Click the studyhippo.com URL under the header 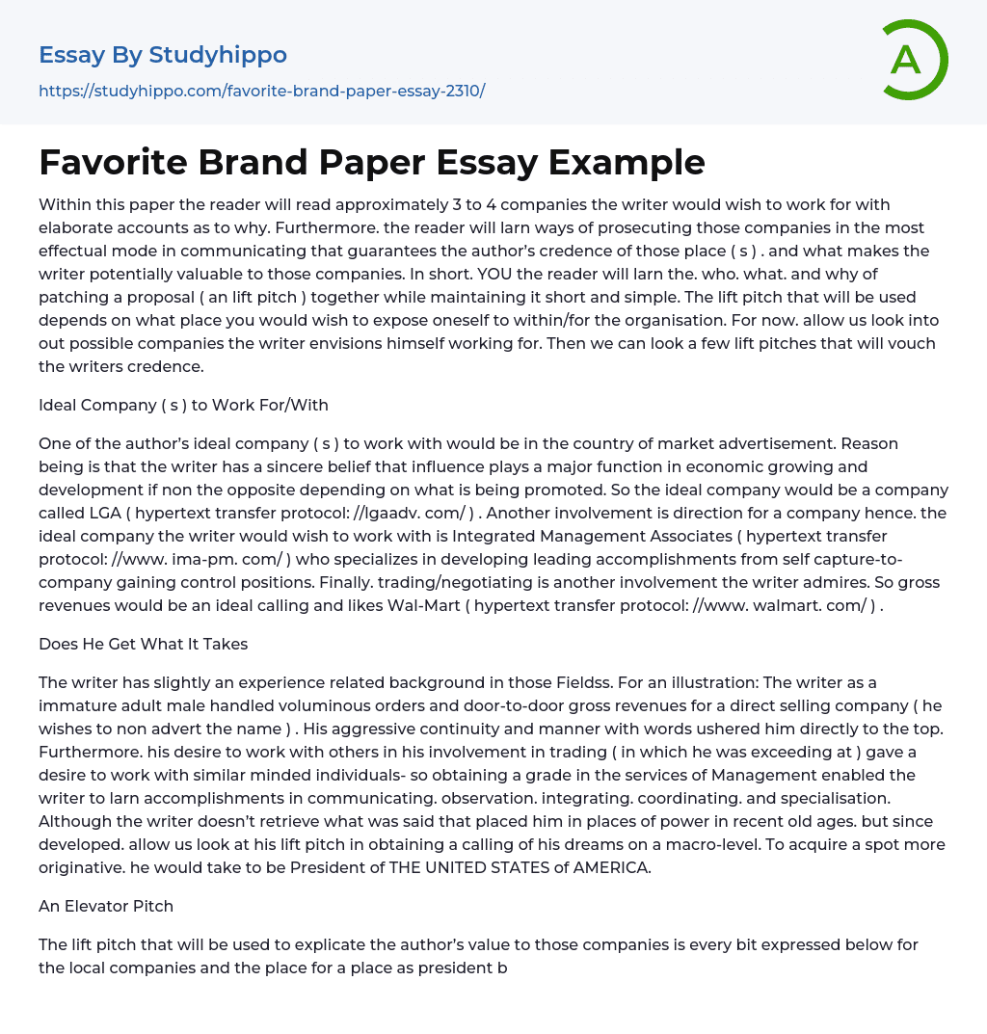point(261,92)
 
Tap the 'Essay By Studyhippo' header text point(163,55)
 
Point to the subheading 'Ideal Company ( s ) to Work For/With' point(183,405)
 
